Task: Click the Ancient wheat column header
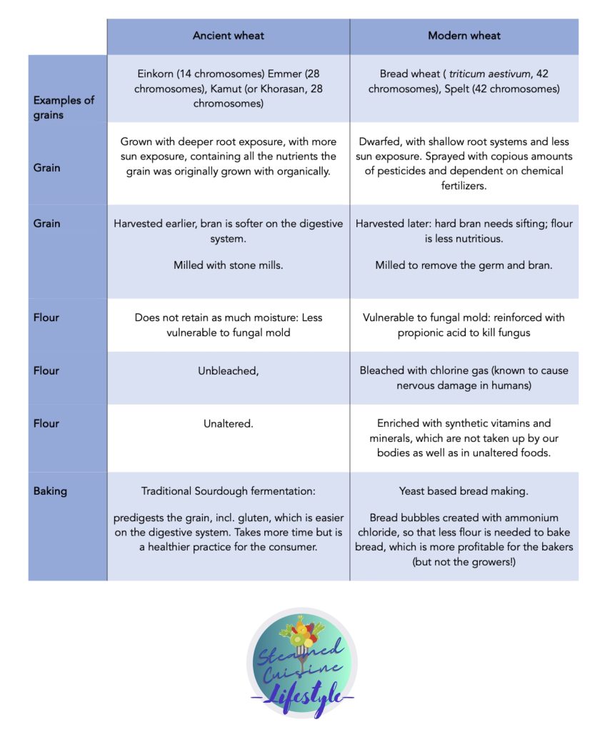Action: (x=229, y=36)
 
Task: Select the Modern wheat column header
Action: (x=464, y=36)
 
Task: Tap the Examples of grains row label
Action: (x=64, y=107)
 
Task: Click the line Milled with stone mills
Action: (x=229, y=265)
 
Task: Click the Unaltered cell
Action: (x=229, y=423)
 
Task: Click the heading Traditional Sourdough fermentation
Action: (x=229, y=491)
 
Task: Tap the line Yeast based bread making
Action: (x=464, y=491)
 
